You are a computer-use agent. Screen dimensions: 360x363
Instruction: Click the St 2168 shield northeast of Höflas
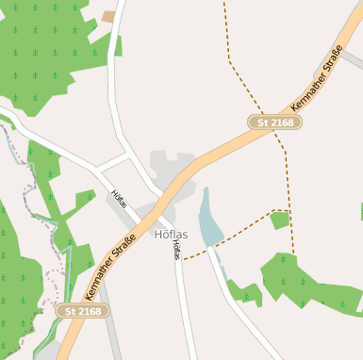(274, 123)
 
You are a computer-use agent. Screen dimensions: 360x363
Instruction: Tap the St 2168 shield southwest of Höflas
(79, 310)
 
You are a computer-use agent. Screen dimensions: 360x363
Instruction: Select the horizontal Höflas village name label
(171, 234)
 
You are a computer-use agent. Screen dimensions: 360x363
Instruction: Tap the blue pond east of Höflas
(208, 223)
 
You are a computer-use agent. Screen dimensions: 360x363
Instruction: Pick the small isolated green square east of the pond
(279, 221)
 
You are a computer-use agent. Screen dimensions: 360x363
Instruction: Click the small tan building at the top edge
(107, 16)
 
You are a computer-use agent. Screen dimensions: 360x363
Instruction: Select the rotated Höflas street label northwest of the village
(120, 200)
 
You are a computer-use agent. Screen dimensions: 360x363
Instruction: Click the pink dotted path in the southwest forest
(55, 283)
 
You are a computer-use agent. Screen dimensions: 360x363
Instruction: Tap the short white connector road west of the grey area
(112, 161)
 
